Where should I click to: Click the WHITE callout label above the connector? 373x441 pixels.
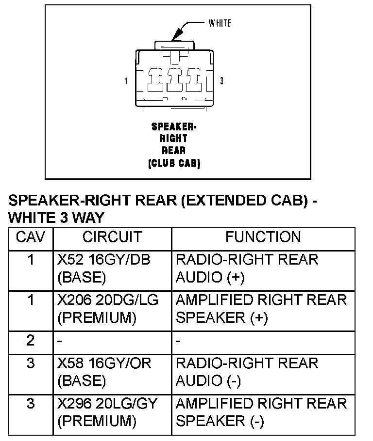(x=220, y=23)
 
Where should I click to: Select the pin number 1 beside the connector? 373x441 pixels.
(x=127, y=81)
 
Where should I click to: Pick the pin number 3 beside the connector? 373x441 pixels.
(x=222, y=81)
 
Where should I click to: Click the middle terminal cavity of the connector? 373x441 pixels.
(x=174, y=79)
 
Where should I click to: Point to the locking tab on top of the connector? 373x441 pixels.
(x=174, y=45)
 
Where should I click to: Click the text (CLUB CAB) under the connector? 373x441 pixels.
(x=174, y=163)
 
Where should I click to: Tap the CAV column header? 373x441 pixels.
(x=31, y=237)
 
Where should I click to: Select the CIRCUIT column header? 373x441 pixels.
(x=112, y=237)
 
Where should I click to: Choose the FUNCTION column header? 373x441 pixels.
(x=263, y=237)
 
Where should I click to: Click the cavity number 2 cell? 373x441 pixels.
(x=31, y=341)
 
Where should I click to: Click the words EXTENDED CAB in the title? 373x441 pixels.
(x=241, y=201)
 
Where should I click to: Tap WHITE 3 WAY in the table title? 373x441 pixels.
(x=56, y=218)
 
